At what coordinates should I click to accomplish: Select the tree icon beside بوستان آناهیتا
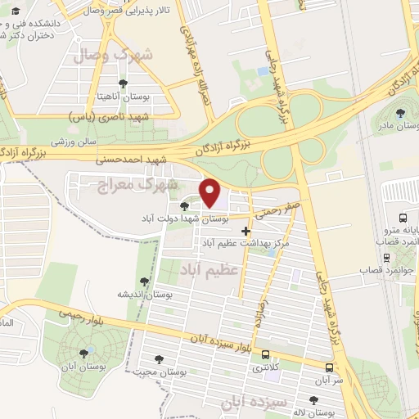pyautogui.click(x=123, y=83)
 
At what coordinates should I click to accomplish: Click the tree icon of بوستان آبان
pyautogui.click(x=83, y=354)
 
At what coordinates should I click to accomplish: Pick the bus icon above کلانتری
pyautogui.click(x=266, y=355)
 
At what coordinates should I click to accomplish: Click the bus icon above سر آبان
pyautogui.click(x=329, y=368)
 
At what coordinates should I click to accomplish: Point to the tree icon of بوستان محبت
pyautogui.click(x=159, y=359)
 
